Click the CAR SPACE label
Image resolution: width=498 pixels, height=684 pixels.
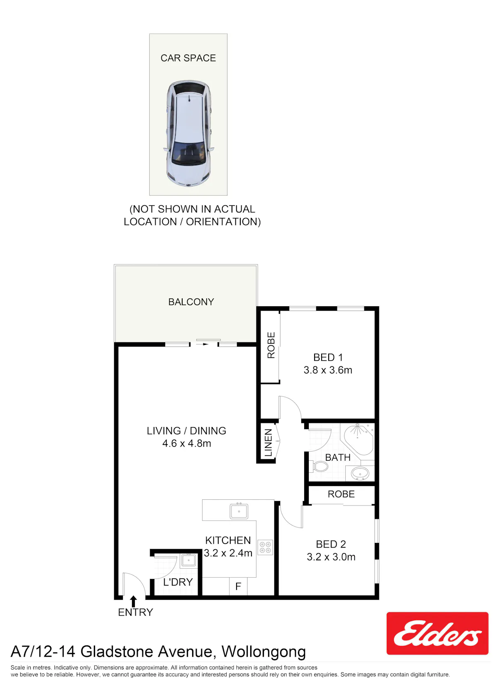188,58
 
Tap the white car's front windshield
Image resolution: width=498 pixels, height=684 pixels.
188,153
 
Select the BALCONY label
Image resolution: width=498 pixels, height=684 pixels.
191,302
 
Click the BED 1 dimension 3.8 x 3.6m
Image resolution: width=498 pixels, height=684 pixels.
327,370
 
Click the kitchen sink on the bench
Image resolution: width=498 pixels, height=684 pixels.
239,511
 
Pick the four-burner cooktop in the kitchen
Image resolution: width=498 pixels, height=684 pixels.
265,547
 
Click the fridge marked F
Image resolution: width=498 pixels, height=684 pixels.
238,586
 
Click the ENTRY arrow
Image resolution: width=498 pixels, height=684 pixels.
133,601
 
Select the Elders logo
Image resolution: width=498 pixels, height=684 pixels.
437,633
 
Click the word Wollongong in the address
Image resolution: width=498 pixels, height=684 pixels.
264,652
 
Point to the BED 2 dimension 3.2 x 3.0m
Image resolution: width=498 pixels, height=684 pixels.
331,557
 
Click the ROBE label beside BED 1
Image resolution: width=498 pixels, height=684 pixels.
271,345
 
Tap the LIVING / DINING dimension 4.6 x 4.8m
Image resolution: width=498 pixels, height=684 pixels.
187,443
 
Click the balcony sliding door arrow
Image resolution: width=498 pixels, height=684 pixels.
202,344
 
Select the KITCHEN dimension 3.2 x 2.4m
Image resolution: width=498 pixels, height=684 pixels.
228,553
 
